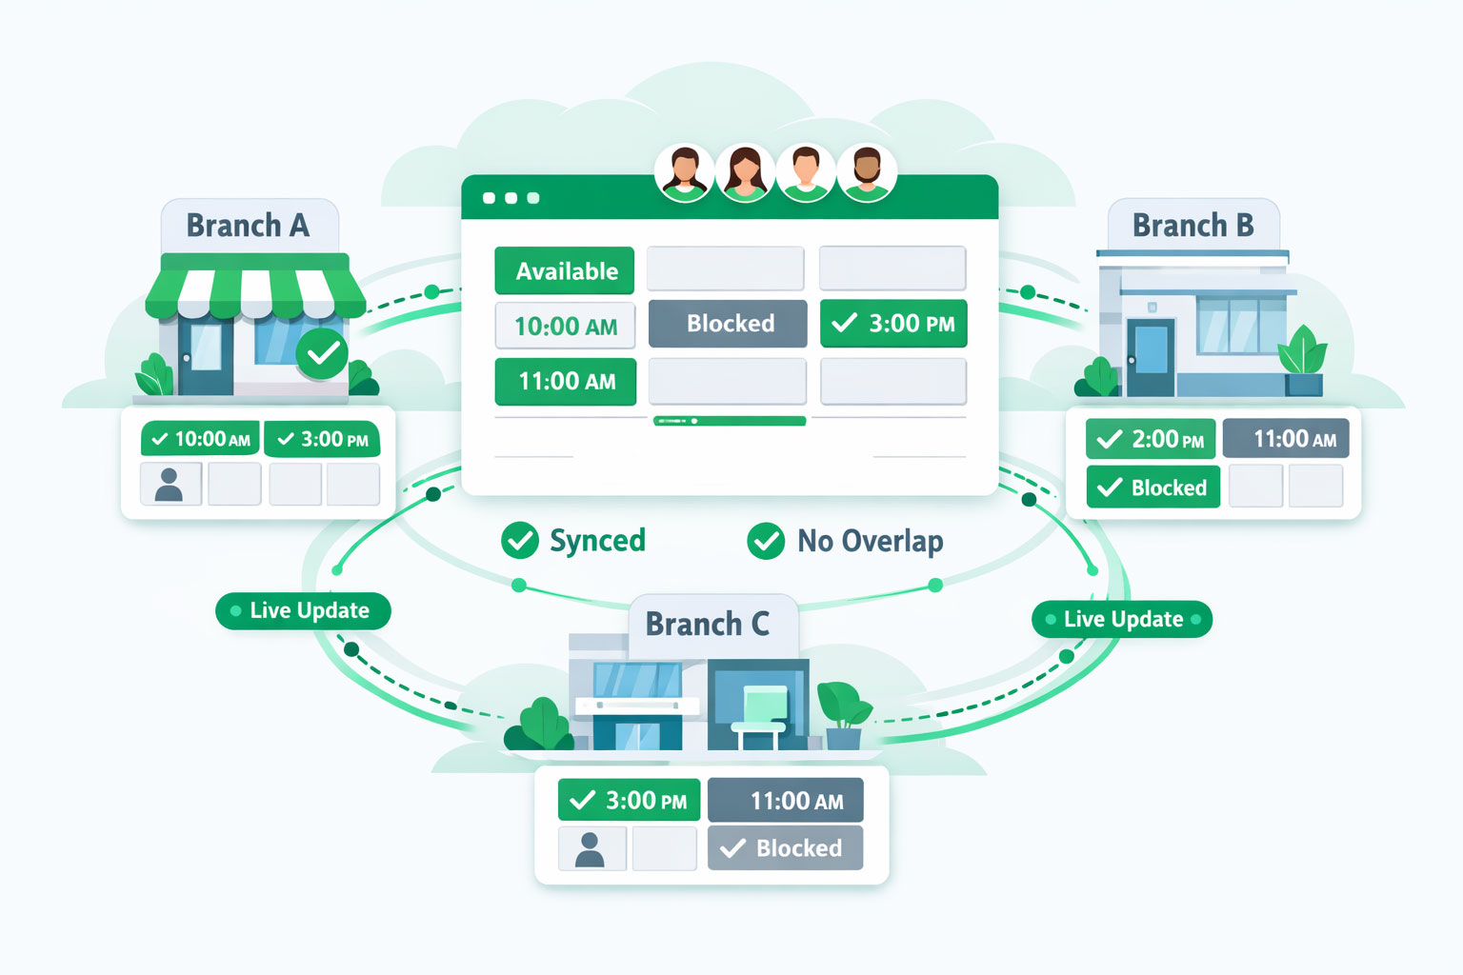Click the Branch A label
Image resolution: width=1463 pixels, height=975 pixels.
tap(248, 226)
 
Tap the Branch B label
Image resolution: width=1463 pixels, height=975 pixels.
tap(1192, 226)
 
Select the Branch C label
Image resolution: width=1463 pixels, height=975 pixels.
tap(707, 624)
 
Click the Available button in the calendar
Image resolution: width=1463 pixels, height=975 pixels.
tap(565, 271)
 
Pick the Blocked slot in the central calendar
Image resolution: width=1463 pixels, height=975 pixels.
tap(729, 324)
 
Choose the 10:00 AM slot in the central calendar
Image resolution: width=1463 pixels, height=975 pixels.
tap(565, 327)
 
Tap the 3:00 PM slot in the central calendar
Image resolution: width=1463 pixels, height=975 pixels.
tap(893, 324)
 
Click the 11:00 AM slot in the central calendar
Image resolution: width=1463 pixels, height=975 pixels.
tap(565, 382)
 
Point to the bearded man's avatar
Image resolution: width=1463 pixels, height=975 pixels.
tap(866, 172)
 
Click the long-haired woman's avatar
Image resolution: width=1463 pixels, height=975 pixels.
tap(745, 172)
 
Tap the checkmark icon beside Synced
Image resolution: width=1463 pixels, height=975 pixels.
tap(520, 540)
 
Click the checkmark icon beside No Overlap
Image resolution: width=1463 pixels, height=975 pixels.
tap(766, 541)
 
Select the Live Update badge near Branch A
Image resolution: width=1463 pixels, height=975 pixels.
tap(303, 610)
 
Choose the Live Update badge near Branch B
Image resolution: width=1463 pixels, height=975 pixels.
tap(1122, 619)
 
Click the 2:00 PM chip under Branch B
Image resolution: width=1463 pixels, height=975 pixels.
tap(1151, 439)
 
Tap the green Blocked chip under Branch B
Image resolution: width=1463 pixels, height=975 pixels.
tap(1152, 487)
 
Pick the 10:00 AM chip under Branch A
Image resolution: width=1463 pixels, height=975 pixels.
tap(200, 439)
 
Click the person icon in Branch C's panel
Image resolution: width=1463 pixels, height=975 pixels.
tap(591, 848)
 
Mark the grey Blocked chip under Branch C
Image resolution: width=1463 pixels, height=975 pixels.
tap(785, 848)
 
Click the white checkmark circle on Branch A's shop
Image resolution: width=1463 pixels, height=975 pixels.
tap(322, 353)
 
